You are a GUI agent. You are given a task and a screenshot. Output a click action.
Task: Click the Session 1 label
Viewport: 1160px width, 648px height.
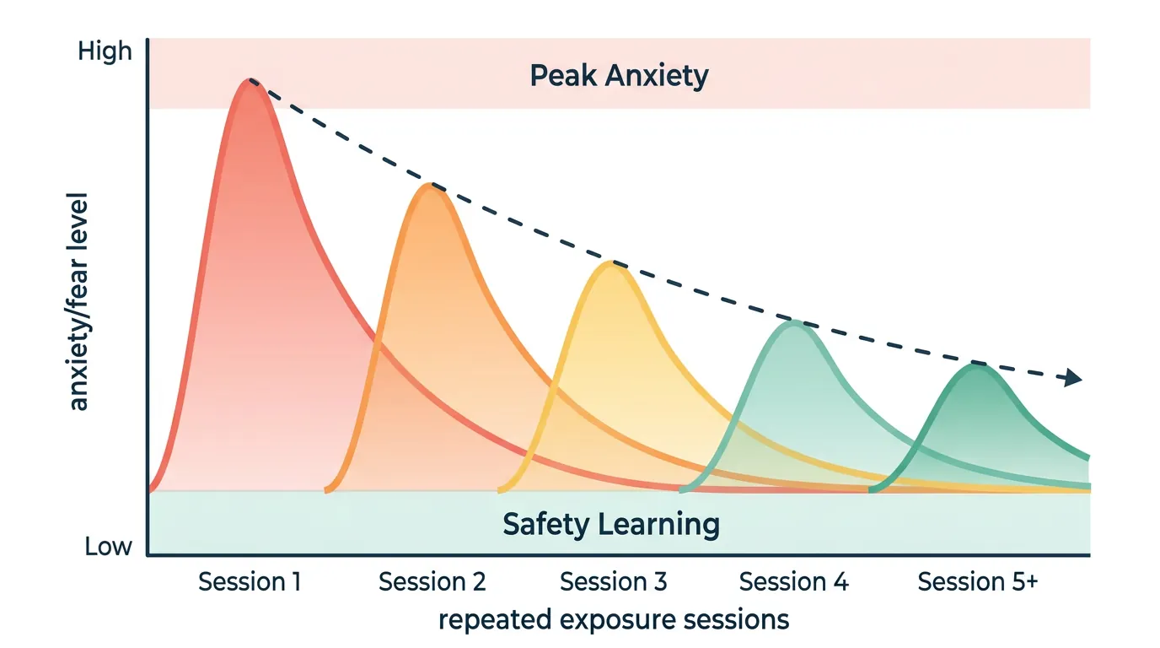click(250, 582)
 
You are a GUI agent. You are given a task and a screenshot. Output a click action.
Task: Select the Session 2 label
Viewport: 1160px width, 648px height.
click(432, 582)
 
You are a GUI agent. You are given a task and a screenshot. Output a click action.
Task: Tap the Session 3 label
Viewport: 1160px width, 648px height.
click(613, 582)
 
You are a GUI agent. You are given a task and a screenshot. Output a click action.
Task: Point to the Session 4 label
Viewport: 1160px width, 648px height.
click(793, 582)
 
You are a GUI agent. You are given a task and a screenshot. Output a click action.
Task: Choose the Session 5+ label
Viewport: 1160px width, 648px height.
click(977, 582)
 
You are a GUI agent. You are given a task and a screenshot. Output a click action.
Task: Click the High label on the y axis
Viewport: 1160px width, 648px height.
click(105, 51)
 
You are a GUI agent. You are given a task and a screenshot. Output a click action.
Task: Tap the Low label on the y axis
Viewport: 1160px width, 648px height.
click(109, 547)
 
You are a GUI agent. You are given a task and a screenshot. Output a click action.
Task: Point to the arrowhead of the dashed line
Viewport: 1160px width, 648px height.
click(1073, 379)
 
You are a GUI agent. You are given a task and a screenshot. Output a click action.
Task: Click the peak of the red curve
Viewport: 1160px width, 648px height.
click(250, 81)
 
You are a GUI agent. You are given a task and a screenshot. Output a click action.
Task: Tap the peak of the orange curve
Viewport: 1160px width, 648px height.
click(432, 185)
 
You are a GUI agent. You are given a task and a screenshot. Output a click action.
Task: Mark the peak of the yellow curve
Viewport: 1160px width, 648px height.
click(611, 264)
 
